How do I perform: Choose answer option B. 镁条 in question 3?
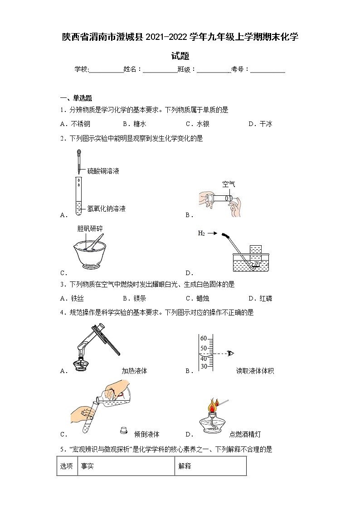pos(134,298)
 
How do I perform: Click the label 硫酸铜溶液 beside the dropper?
pos(103,171)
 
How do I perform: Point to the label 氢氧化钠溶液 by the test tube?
pos(106,208)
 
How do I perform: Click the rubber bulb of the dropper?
pos(78,153)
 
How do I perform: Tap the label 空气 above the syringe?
pos(229,184)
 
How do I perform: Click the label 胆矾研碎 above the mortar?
pos(90,228)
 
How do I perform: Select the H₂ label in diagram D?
pos(201,233)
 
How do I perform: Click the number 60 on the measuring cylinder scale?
pos(203,339)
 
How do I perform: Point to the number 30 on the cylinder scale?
pos(203,366)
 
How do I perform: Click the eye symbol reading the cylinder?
pos(231,354)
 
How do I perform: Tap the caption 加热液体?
pos(134,371)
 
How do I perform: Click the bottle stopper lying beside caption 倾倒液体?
pos(122,430)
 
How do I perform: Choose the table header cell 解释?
pos(185,466)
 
